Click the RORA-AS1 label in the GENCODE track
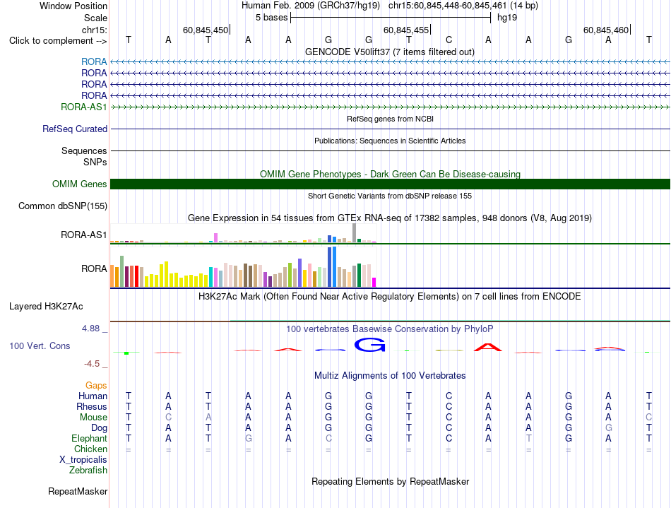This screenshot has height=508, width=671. [x=83, y=107]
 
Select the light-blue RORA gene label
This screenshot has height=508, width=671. [x=94, y=61]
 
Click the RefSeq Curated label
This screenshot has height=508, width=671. [x=75, y=129]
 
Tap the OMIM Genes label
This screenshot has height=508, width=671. [x=80, y=184]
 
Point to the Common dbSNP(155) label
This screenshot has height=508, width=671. [x=63, y=206]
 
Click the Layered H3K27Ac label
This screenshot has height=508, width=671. [x=46, y=307]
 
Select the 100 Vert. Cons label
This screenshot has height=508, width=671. [x=40, y=345]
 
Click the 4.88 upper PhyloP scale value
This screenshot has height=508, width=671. [x=90, y=329]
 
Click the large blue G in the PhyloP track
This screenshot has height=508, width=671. [x=369, y=345]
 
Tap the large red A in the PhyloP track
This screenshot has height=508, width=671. [x=488, y=347]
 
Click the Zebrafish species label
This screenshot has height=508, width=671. [x=88, y=471]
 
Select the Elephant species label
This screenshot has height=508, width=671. [x=89, y=439]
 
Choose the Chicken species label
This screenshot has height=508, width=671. [x=90, y=449]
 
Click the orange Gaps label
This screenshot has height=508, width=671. [x=96, y=386]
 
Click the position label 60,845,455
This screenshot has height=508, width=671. [x=406, y=30]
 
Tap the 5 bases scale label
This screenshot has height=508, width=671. [x=272, y=18]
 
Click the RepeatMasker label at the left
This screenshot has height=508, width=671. [x=78, y=491]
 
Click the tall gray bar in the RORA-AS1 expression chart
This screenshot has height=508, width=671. [x=355, y=233]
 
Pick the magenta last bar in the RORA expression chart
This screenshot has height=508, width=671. [x=374, y=282]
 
